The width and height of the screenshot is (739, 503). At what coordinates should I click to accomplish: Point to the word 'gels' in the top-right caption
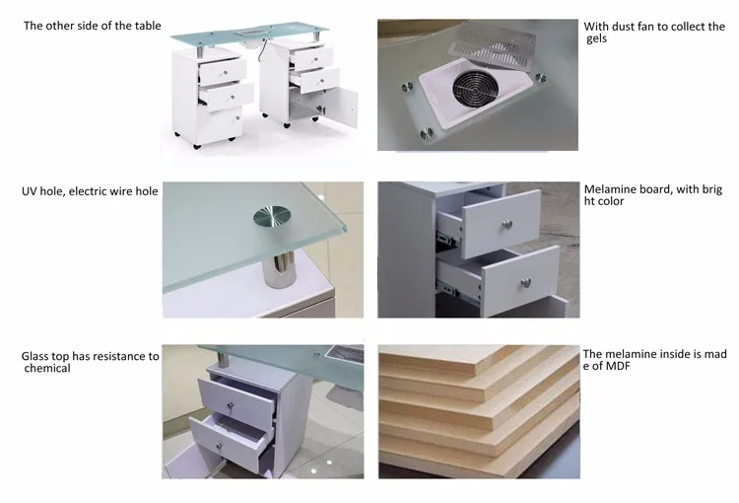[600, 38]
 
